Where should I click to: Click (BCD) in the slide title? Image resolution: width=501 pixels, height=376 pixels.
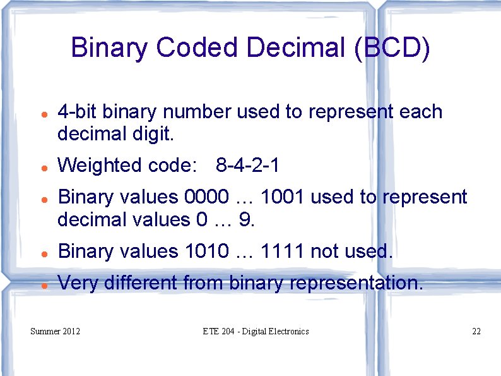point(392,48)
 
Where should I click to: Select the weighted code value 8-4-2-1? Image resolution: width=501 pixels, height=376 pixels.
point(247,166)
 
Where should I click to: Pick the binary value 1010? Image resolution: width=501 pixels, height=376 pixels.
point(207,252)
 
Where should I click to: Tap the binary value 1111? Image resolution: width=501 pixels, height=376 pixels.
point(283,252)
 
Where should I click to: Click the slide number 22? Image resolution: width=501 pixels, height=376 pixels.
point(476,331)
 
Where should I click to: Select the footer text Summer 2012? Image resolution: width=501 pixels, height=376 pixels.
point(56,331)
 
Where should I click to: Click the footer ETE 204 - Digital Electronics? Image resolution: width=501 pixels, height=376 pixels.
point(256,331)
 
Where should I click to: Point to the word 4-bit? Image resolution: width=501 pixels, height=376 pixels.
point(77,112)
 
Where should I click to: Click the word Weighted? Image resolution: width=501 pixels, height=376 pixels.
point(100,166)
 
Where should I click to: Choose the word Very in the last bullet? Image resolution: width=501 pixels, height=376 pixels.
point(78,283)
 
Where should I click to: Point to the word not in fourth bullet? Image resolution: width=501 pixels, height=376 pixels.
point(324,252)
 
